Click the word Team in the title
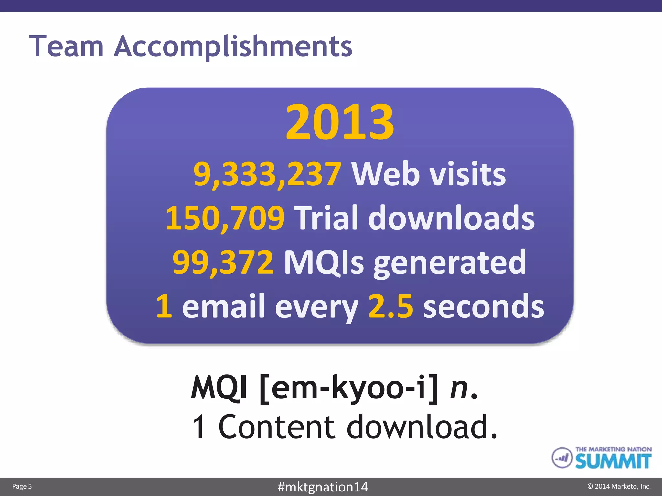tap(66, 46)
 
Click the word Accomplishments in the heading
tap(233, 46)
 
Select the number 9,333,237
tap(267, 174)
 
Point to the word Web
tap(385, 174)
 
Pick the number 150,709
tap(225, 218)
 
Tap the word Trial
tap(327, 218)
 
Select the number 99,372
tap(223, 262)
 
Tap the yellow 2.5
tap(390, 306)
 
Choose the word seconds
tap(484, 306)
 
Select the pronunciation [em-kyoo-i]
tap(349, 387)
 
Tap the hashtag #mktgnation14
tap(323, 487)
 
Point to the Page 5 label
tap(22, 486)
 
